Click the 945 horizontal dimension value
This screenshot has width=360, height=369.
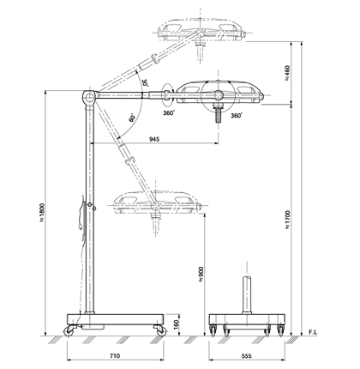[154, 139]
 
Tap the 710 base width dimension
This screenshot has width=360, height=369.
[115, 356]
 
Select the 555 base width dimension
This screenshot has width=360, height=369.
[246, 356]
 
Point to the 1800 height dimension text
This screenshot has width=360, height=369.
[42, 213]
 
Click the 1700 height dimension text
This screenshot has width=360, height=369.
[287, 220]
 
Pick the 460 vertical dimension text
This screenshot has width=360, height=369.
[287, 73]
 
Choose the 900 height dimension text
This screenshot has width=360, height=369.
[201, 275]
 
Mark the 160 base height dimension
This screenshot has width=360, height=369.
[176, 324]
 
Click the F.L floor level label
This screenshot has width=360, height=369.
[313, 332]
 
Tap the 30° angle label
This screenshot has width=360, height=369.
[145, 82]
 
